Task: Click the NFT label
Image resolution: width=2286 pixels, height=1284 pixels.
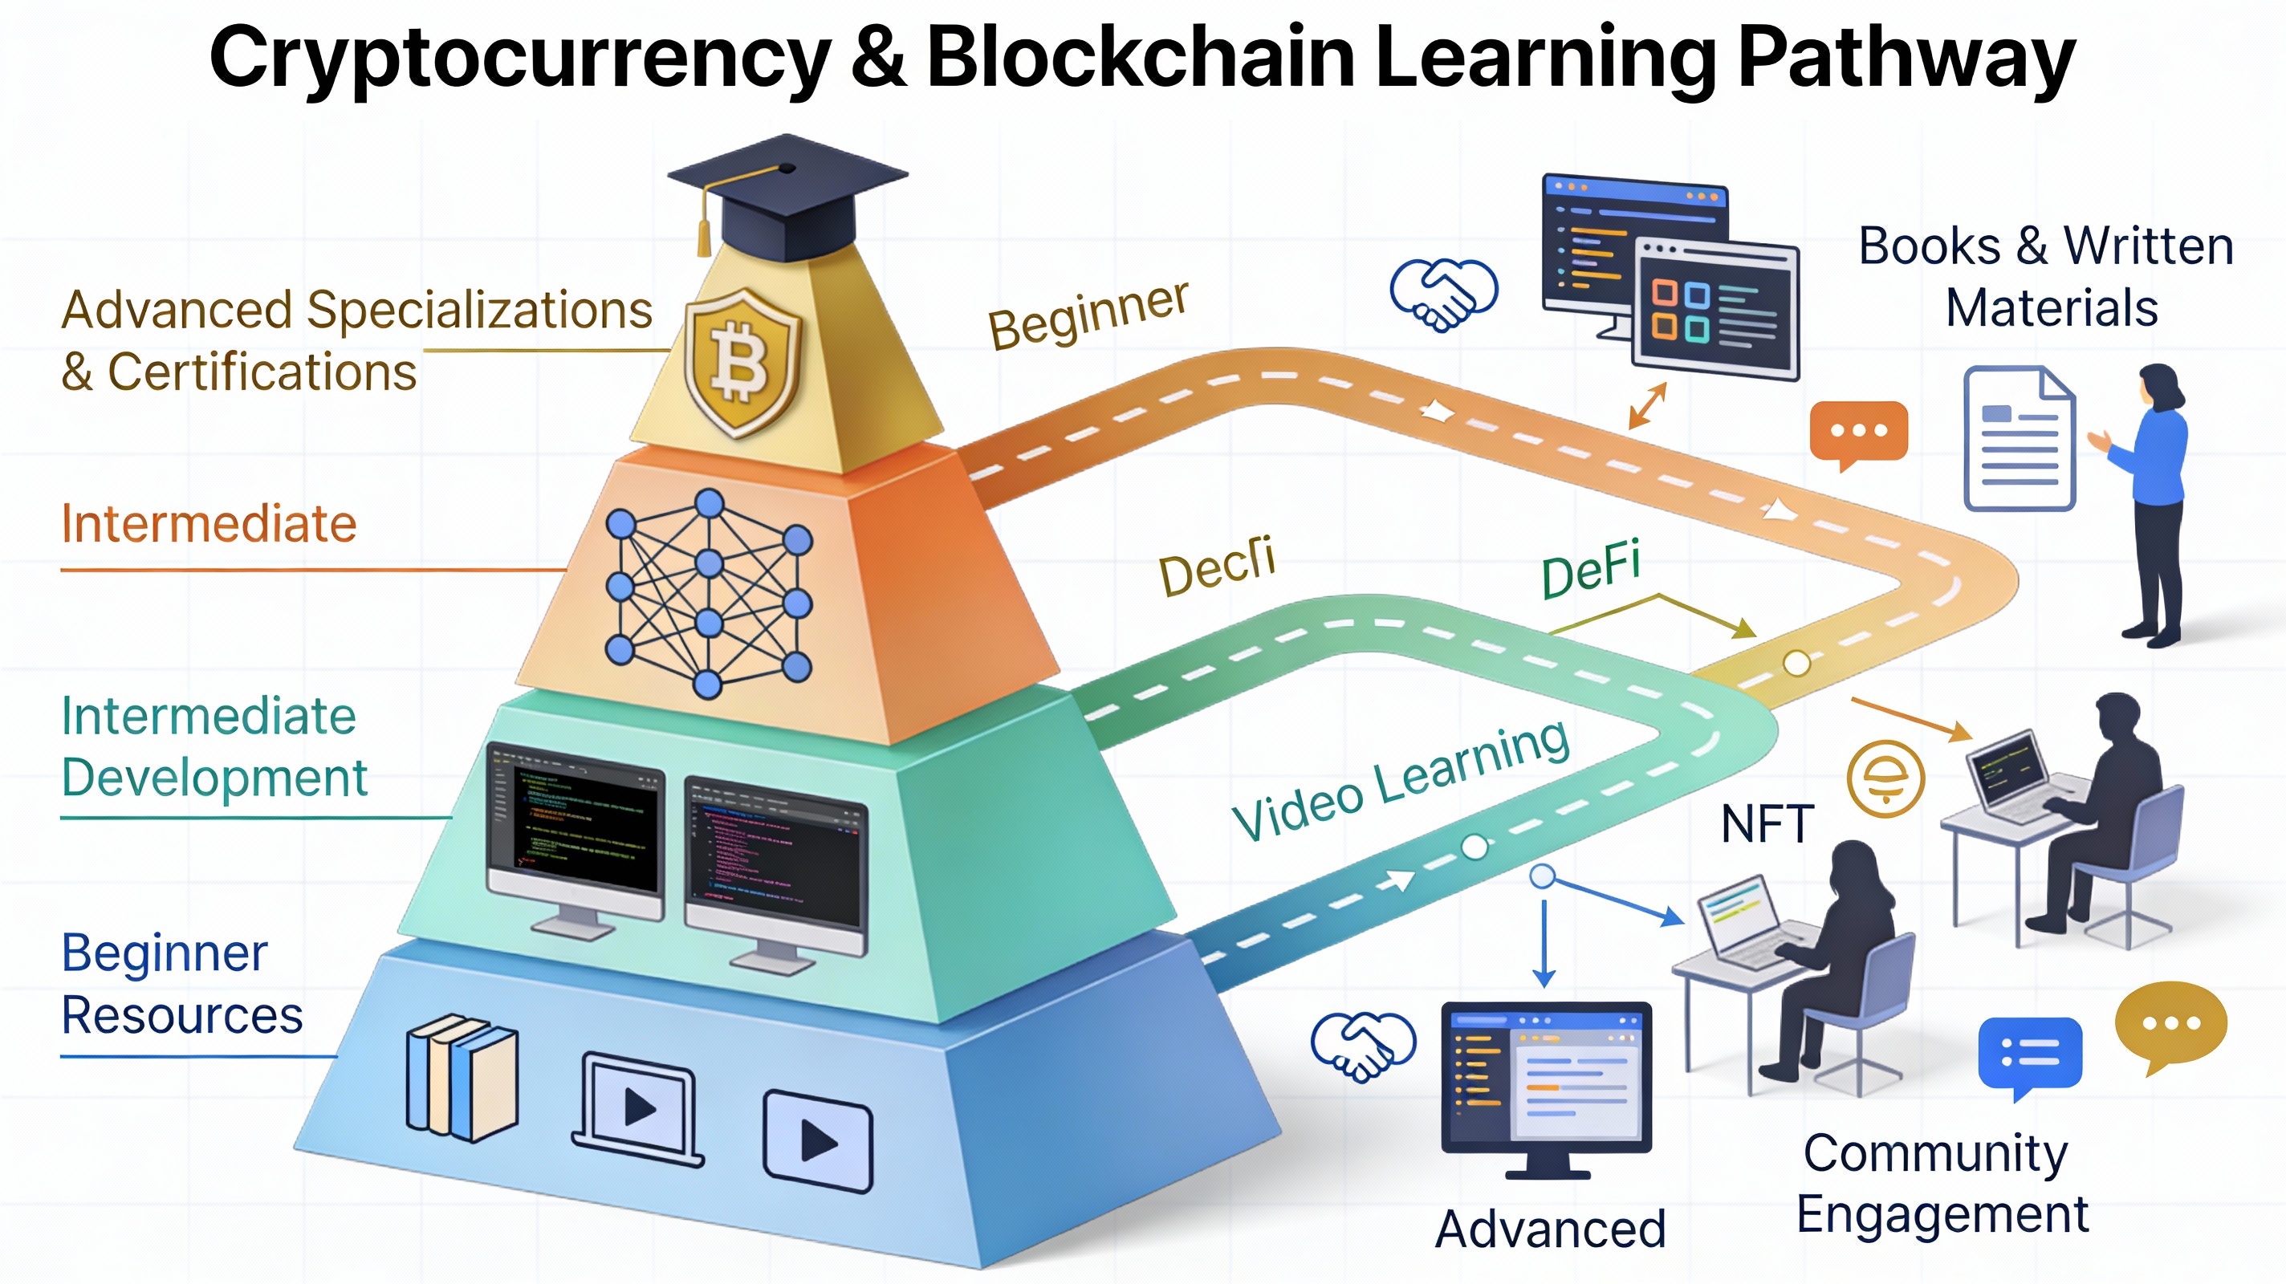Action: click(1766, 824)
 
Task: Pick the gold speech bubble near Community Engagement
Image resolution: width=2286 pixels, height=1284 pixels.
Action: click(2170, 1024)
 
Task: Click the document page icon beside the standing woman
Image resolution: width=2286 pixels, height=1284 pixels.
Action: click(2019, 438)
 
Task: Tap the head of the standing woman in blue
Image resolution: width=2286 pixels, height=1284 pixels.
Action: click(2158, 387)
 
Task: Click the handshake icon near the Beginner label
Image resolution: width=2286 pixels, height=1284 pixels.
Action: click(1444, 294)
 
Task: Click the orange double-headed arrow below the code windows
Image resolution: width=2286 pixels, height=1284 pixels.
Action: click(1647, 405)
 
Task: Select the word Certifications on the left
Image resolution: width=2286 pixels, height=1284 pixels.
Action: click(262, 372)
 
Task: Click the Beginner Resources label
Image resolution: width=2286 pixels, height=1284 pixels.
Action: click(182, 984)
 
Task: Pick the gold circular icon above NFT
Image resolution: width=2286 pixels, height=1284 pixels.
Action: click(1885, 778)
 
